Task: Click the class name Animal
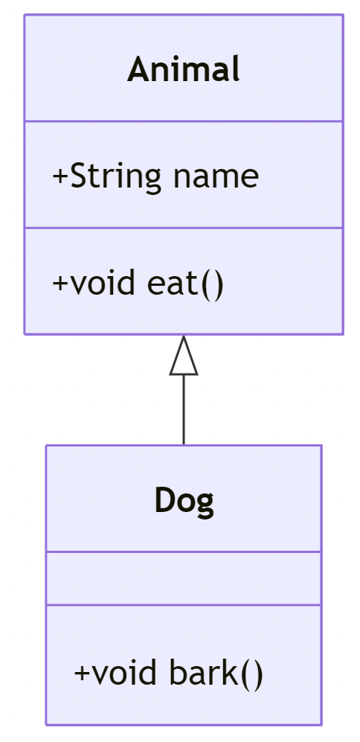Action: (x=184, y=69)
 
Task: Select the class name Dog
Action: (x=184, y=501)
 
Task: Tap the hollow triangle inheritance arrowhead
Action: (x=184, y=356)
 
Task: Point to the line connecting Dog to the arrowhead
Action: (x=184, y=410)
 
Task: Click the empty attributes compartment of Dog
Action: (x=184, y=578)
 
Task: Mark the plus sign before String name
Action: (x=60, y=176)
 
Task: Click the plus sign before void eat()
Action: (x=60, y=283)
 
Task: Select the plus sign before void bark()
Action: (x=83, y=673)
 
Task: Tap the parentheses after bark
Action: (x=251, y=674)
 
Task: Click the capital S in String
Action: (x=78, y=176)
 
